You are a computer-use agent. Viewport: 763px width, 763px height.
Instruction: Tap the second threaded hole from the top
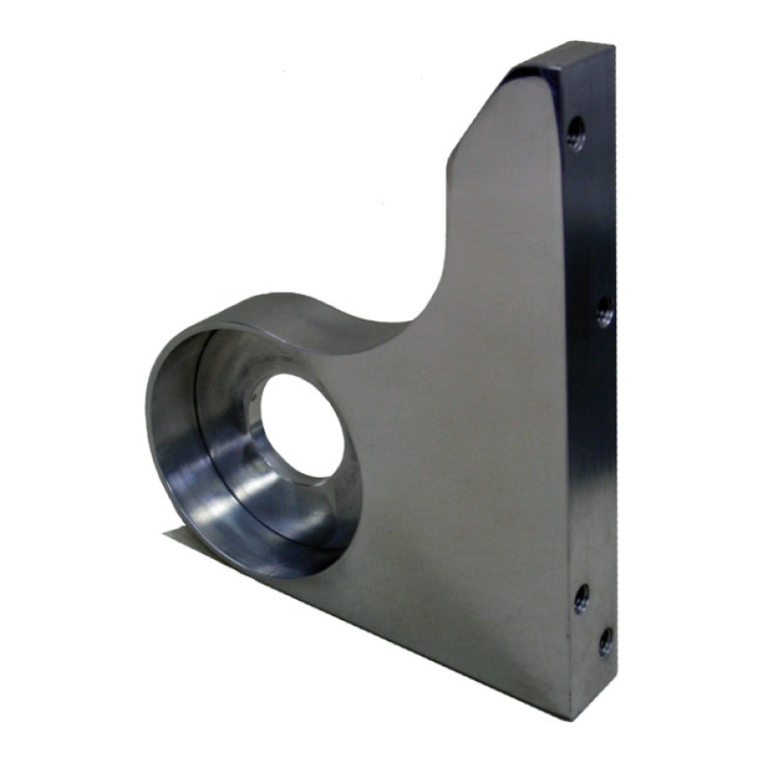(604, 309)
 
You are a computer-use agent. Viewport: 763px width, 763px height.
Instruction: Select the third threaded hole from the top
(581, 599)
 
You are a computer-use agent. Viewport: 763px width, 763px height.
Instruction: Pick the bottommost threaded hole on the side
(605, 642)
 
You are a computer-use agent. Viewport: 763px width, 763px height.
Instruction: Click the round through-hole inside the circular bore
(300, 424)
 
